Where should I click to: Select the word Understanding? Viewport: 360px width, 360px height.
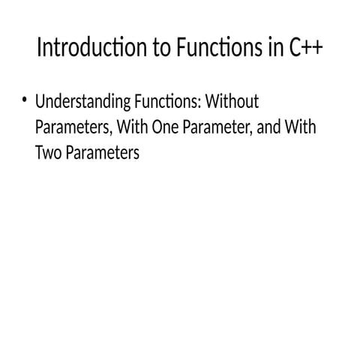coord(76,102)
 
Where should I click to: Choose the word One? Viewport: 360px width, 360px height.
coord(163,128)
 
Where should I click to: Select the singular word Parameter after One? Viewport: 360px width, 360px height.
coord(215,128)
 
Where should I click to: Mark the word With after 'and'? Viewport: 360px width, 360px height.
coord(301,128)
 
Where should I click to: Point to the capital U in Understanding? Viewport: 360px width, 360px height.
coord(40,102)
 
